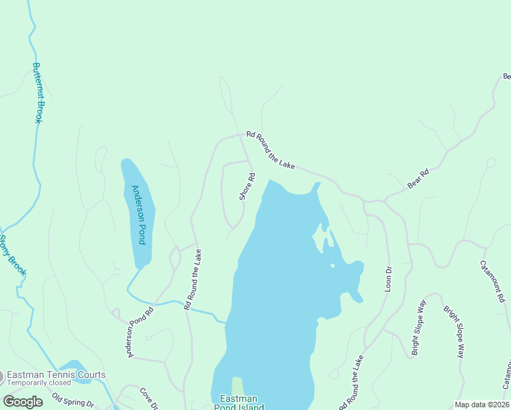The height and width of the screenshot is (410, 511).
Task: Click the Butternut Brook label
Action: pyautogui.click(x=38, y=93)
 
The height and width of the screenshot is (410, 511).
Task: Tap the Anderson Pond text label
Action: pyautogui.click(x=139, y=215)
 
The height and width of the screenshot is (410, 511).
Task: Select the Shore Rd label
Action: pyautogui.click(x=247, y=187)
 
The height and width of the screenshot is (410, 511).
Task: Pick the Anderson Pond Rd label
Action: pyautogui.click(x=140, y=331)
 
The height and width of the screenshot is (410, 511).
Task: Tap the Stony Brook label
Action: pyautogui.click(x=12, y=256)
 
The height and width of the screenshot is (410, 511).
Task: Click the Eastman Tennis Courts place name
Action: pyautogui.click(x=56, y=374)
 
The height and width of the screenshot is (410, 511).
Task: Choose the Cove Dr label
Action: pyautogui.click(x=150, y=399)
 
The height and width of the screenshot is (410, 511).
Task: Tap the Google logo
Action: pyautogui.click(x=23, y=402)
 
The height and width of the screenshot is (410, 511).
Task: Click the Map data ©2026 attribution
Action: pyautogui.click(x=481, y=405)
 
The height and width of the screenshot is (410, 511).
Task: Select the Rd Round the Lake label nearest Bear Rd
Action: pyautogui.click(x=271, y=150)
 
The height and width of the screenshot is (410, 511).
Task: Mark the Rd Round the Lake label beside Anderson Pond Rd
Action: pyautogui.click(x=193, y=279)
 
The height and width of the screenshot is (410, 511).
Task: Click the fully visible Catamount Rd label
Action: pyautogui.click(x=492, y=281)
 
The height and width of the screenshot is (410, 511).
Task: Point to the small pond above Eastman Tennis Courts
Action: pyautogui.click(x=74, y=366)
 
